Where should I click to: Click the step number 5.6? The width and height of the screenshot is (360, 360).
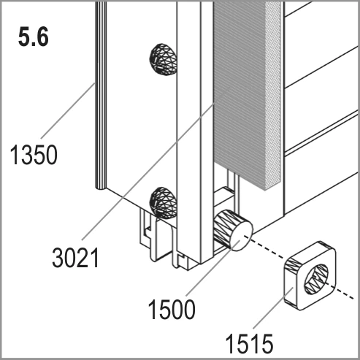tap(34, 37)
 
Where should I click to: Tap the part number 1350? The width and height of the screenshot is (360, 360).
tap(34, 155)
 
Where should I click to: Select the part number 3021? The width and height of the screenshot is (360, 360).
tap(75, 258)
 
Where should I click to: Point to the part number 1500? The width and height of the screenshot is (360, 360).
tap(172, 309)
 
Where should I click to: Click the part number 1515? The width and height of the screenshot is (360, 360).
tap(249, 344)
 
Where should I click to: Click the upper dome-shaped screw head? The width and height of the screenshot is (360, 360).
tap(163, 60)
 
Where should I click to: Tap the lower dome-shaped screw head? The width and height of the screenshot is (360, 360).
tap(163, 202)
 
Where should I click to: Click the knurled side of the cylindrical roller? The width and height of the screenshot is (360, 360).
tap(223, 227)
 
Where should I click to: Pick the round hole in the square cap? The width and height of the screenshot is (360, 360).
tap(316, 280)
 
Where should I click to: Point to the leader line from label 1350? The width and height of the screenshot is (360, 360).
tap(68, 111)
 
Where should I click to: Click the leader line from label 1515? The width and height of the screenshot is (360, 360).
tap(273, 308)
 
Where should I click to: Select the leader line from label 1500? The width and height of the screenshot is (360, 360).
tap(213, 268)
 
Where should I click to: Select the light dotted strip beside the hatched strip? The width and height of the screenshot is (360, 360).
tap(274, 95)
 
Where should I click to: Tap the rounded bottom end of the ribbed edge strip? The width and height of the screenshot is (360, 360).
tap(101, 188)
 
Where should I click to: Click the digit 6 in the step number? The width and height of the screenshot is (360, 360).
tap(42, 37)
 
